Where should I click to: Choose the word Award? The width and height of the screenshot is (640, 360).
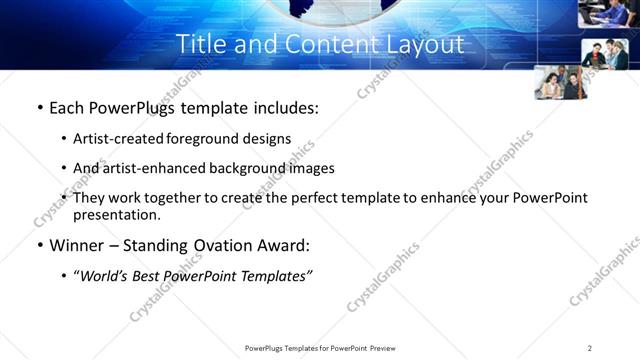click(x=286, y=244)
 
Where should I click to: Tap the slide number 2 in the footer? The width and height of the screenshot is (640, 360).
click(x=590, y=347)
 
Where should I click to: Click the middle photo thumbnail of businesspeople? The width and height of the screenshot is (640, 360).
click(x=604, y=55)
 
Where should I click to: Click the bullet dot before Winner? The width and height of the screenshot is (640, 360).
click(x=39, y=245)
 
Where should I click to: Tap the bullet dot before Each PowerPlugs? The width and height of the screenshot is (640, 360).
click(x=39, y=108)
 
